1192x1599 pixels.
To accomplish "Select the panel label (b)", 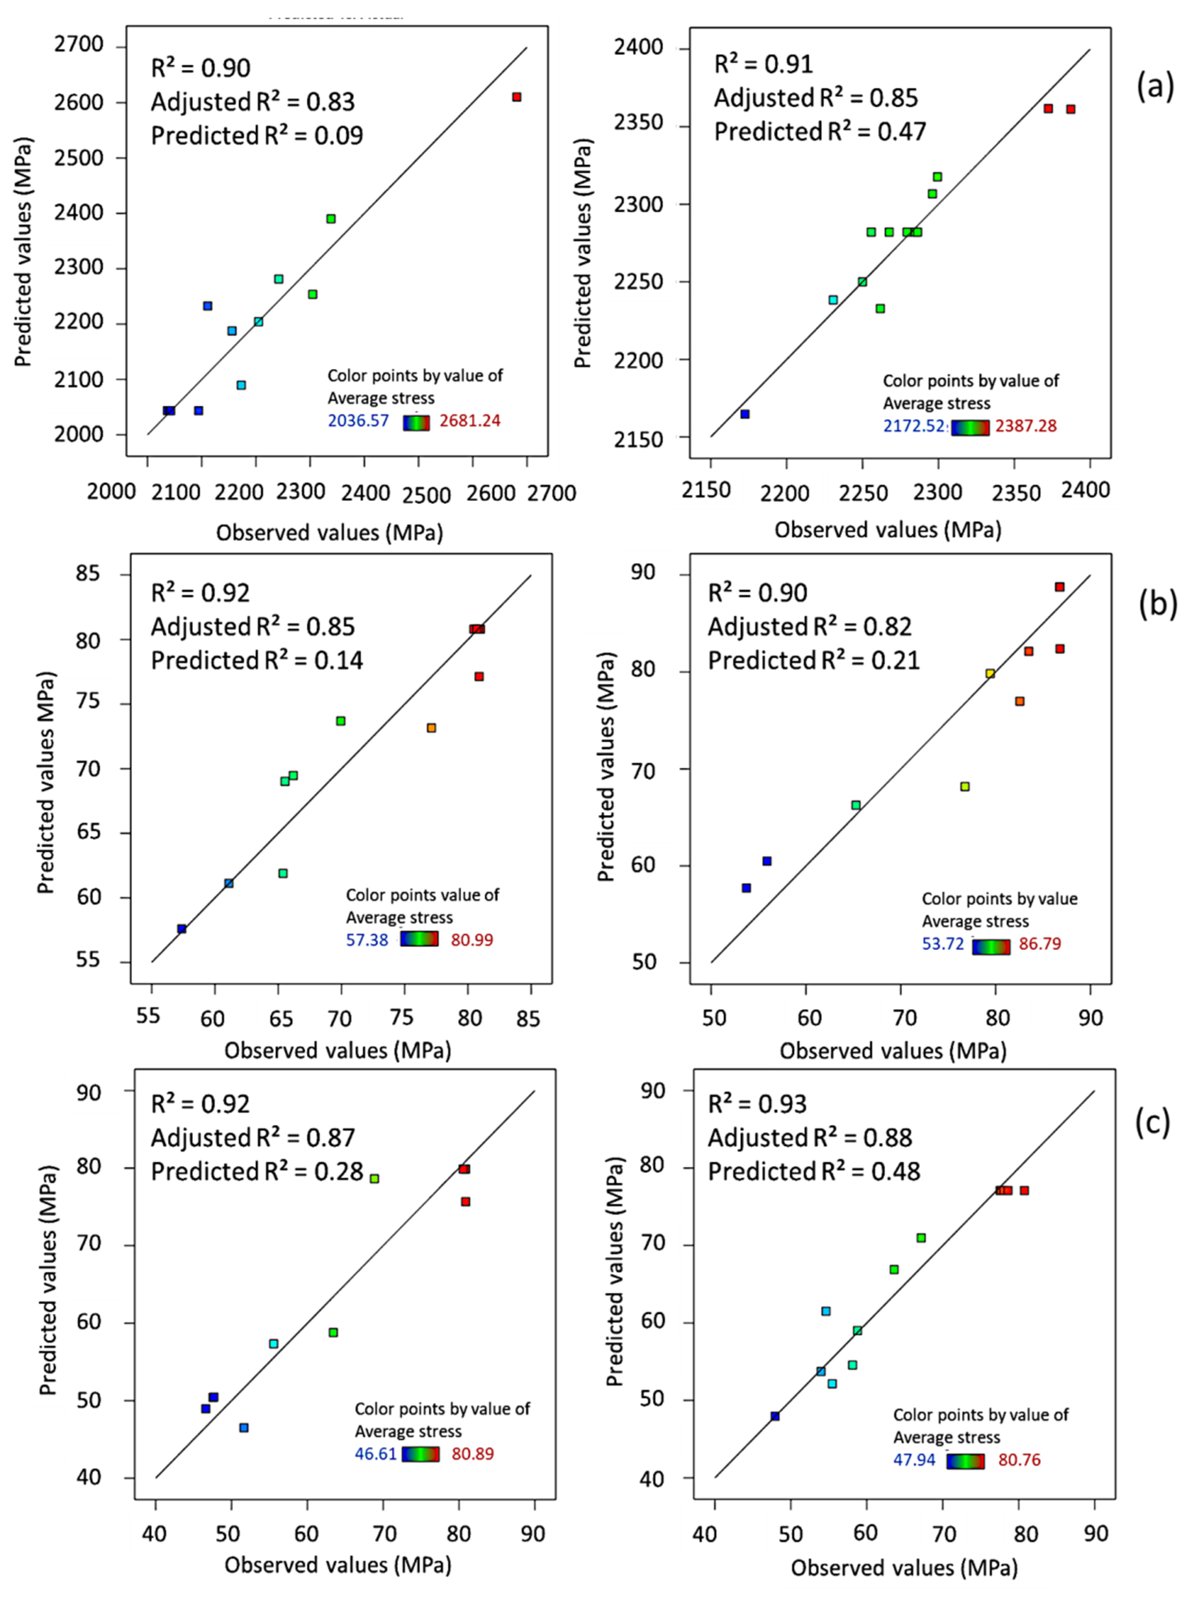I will point(1157,604).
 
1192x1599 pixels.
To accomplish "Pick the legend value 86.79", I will point(1040,944).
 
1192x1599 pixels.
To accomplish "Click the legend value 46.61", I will point(375,1453).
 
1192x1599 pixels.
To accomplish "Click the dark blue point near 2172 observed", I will point(745,414).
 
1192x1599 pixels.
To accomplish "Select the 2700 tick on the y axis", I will point(79,45).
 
